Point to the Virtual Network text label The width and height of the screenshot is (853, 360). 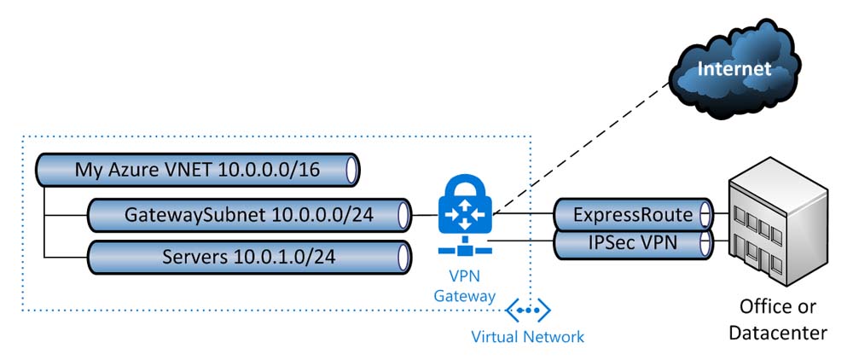pyautogui.click(x=528, y=337)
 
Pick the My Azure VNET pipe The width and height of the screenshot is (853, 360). pyautogui.click(x=196, y=170)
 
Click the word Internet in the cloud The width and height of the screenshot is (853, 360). pyautogui.click(x=734, y=67)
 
